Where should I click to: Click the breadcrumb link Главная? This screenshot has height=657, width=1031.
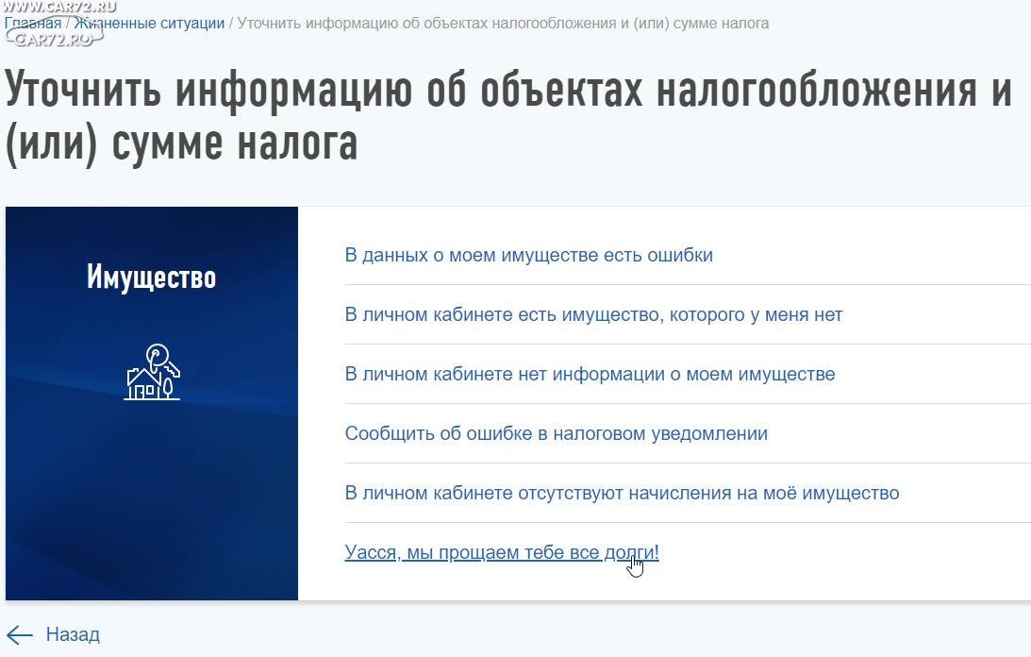[33, 23]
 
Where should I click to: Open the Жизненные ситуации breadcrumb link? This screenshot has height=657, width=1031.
[149, 23]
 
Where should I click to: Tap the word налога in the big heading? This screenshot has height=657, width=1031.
[297, 143]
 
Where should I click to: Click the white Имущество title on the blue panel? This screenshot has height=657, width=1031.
[151, 278]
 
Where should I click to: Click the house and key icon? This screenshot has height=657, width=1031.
[153, 372]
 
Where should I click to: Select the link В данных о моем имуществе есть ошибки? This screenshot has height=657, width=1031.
[528, 256]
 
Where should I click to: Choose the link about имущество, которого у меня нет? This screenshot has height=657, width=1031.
[593, 314]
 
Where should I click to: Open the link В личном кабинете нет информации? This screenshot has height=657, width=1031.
[590, 374]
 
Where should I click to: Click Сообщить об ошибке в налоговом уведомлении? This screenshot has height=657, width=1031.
[557, 434]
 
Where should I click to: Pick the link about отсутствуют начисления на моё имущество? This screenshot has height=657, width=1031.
[622, 493]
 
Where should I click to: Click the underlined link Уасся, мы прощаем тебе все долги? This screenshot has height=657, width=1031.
[502, 552]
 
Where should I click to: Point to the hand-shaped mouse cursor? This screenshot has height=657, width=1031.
[635, 565]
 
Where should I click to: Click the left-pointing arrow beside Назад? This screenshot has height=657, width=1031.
[20, 634]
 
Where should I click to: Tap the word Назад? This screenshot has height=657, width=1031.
[73, 634]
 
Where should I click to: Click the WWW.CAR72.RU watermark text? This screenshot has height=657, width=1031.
[59, 7]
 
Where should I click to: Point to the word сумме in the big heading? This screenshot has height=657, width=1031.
[169, 143]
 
